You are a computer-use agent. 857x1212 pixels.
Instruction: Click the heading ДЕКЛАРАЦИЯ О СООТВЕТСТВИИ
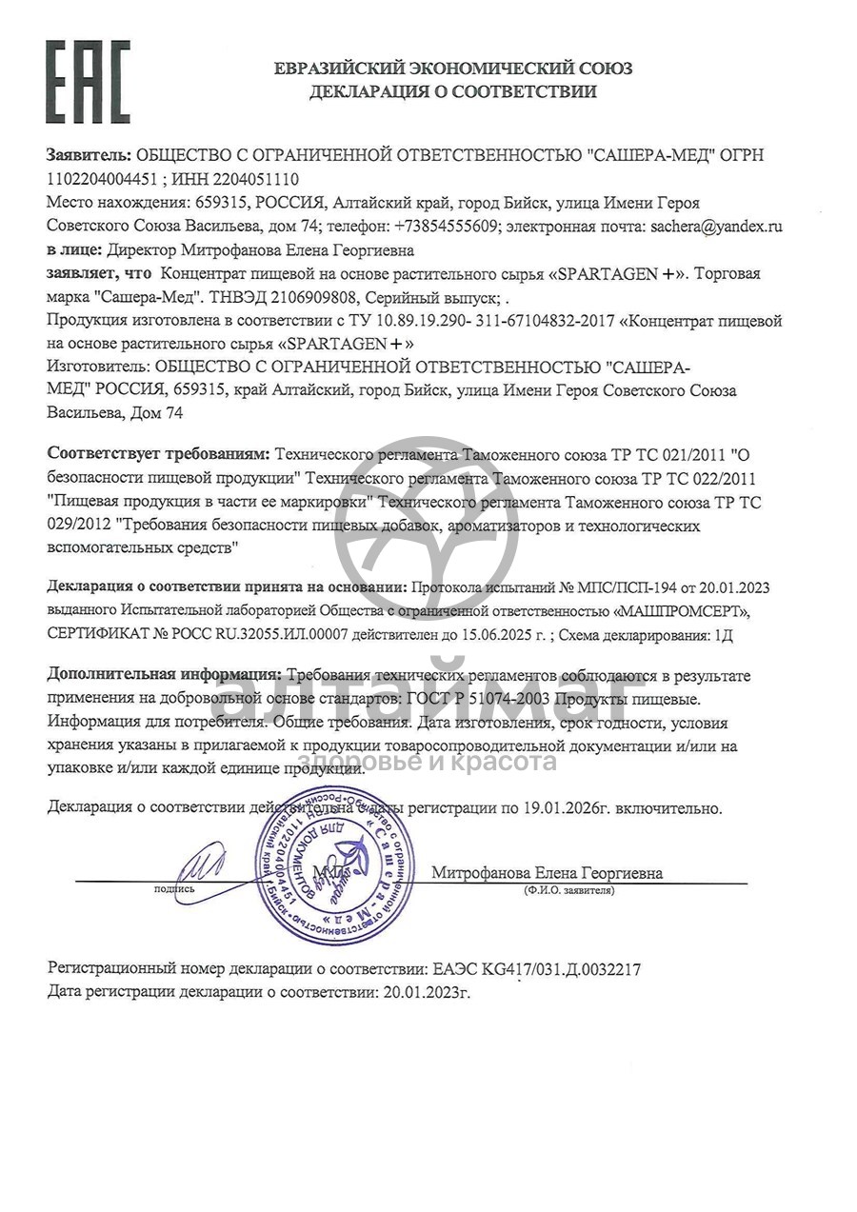pyautogui.click(x=452, y=92)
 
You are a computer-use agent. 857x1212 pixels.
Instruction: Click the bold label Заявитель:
pyautogui.click(x=90, y=154)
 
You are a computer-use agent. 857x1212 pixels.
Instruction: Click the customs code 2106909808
pyautogui.click(x=308, y=297)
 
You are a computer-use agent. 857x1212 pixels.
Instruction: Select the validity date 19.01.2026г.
pyautogui.click(x=566, y=808)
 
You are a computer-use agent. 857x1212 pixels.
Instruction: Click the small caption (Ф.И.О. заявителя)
pyautogui.click(x=568, y=890)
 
